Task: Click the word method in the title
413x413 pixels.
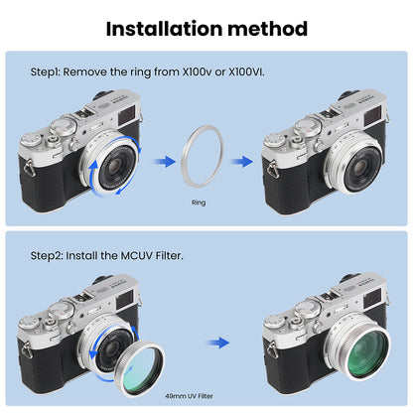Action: pyautogui.click(x=269, y=29)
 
